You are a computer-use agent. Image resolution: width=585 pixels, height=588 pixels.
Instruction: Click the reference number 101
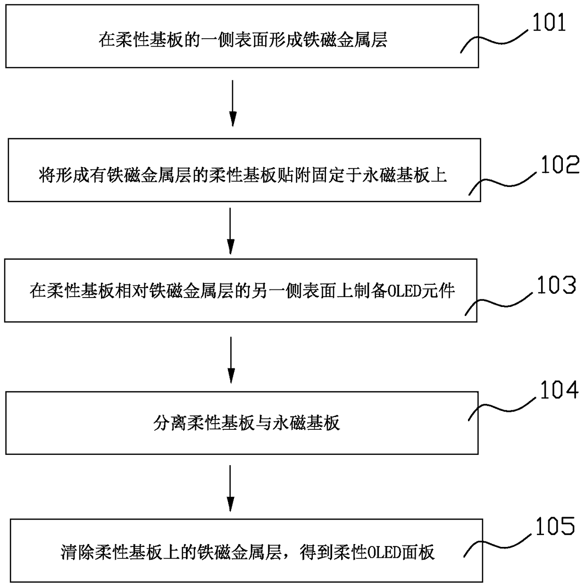[x=549, y=23]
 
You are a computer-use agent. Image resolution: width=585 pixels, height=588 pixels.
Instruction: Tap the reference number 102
[x=560, y=165]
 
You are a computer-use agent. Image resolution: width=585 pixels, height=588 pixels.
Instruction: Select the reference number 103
[x=556, y=285]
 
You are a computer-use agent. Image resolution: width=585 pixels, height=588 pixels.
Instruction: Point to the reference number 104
[x=559, y=390]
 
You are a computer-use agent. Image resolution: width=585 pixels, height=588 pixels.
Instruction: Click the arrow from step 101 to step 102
[x=233, y=103]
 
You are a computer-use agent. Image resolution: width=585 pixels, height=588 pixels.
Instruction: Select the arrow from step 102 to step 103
[x=231, y=231]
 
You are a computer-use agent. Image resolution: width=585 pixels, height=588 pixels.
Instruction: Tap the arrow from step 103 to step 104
[x=231, y=360]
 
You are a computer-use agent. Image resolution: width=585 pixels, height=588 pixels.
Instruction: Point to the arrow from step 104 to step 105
[x=231, y=488]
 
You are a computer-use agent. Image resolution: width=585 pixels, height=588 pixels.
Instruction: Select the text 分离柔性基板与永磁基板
[x=246, y=423]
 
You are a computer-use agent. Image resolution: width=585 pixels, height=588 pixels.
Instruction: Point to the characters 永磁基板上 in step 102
[x=404, y=175]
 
